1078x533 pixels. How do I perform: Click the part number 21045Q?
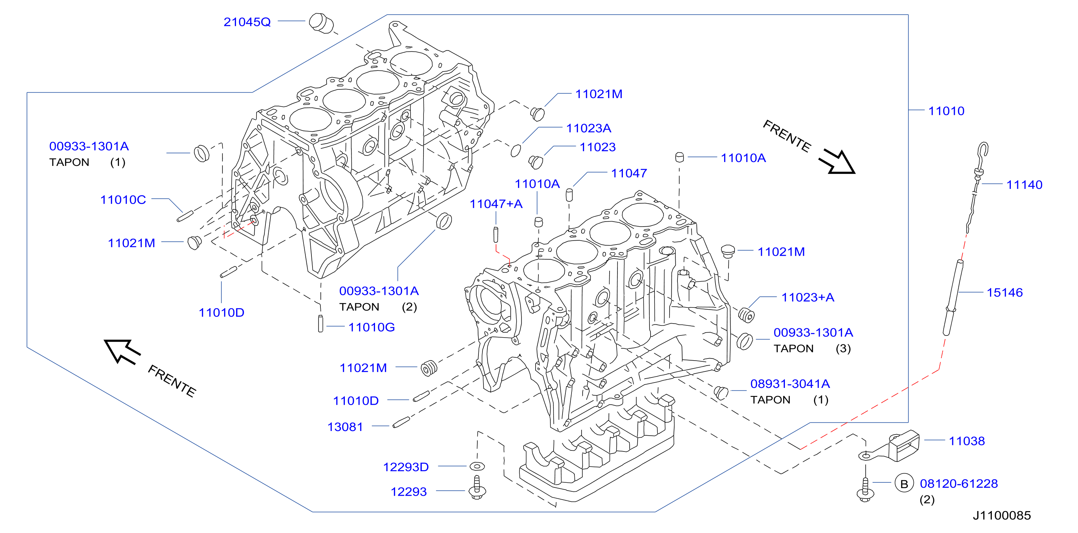pyautogui.click(x=247, y=22)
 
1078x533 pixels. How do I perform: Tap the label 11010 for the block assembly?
pyautogui.click(x=946, y=111)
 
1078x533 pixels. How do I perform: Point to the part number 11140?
pyautogui.click(x=1024, y=185)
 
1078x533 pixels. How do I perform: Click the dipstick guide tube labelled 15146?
pyautogui.click(x=953, y=297)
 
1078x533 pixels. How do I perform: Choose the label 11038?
pyautogui.click(x=967, y=441)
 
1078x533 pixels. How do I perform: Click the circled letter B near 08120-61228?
pyautogui.click(x=904, y=484)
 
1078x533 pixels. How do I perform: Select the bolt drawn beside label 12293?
pyautogui.click(x=477, y=487)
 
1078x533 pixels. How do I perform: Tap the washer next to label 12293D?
pyautogui.click(x=477, y=465)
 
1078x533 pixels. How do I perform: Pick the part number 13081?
pyautogui.click(x=345, y=427)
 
